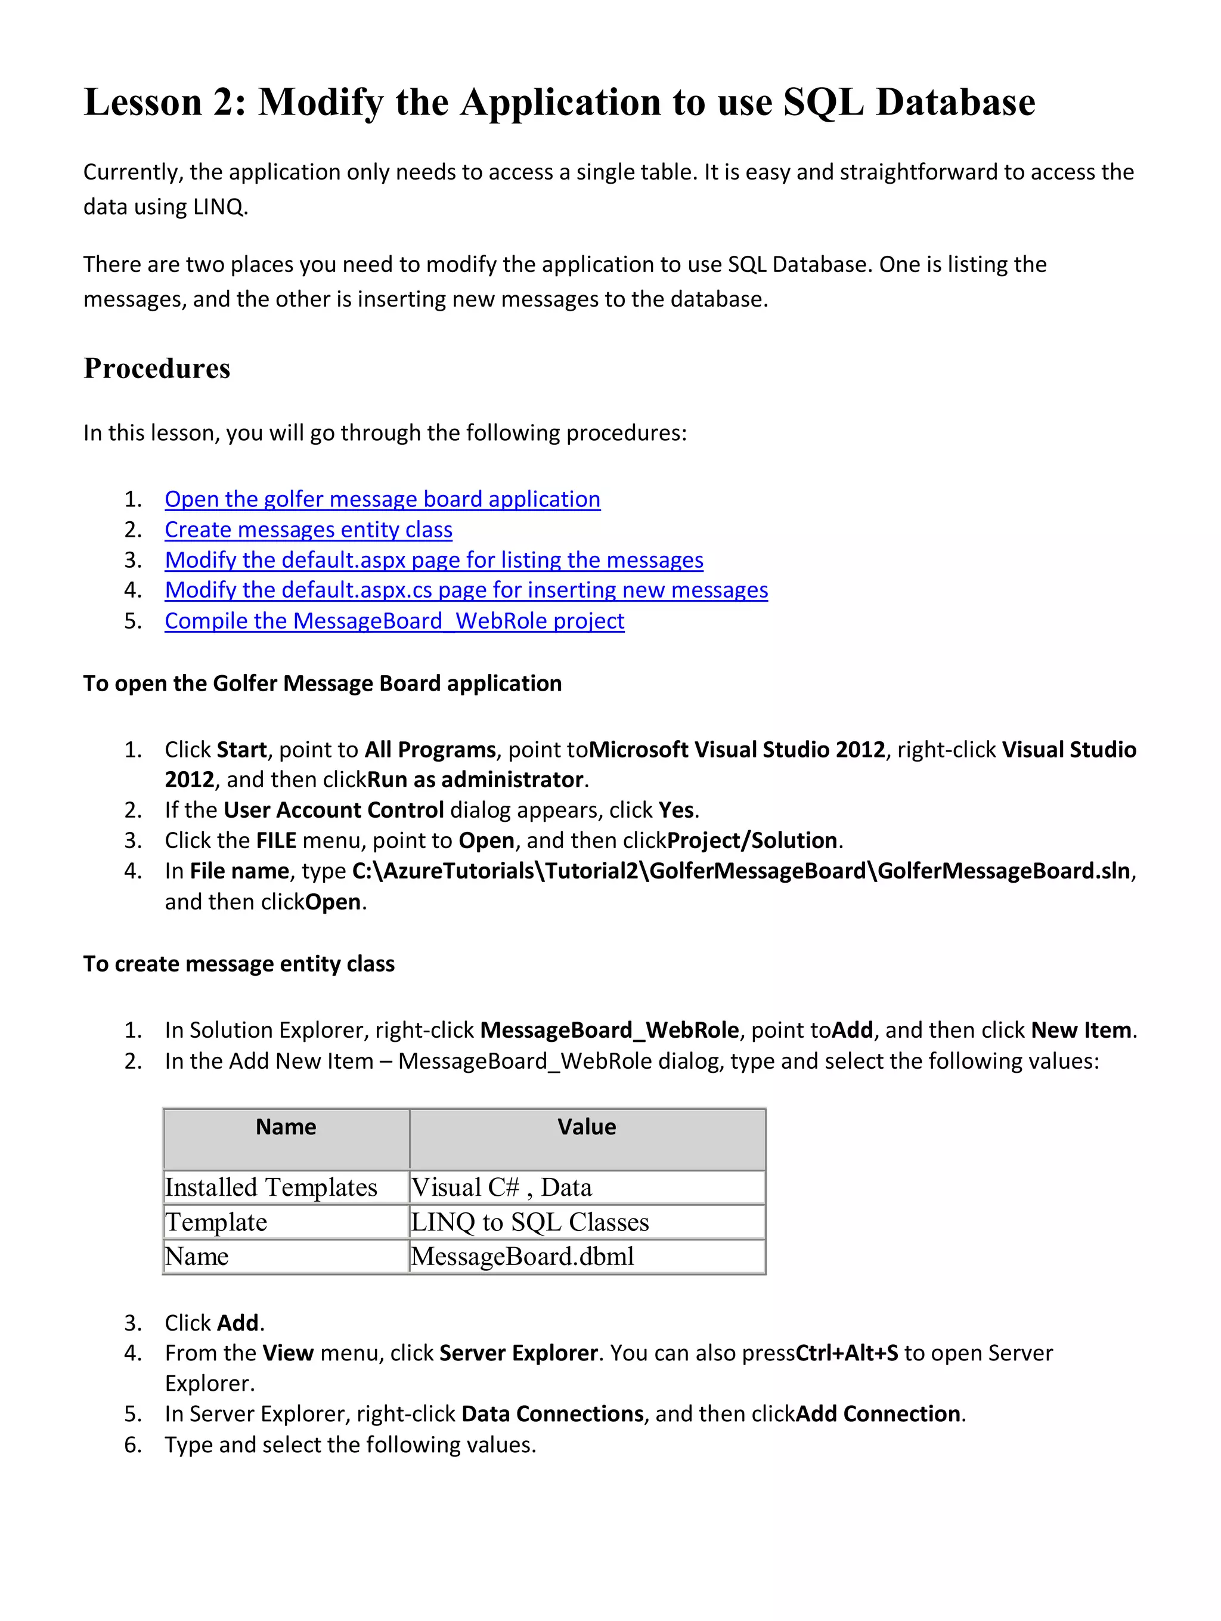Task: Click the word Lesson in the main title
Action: pyautogui.click(x=142, y=102)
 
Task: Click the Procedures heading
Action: pyautogui.click(x=157, y=369)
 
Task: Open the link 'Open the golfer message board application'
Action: pyautogui.click(x=382, y=499)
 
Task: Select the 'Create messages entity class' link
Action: pyautogui.click(x=308, y=530)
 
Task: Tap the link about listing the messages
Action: pyautogui.click(x=433, y=560)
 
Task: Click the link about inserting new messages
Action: pyautogui.click(x=466, y=590)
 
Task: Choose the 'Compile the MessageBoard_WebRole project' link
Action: pyautogui.click(x=394, y=621)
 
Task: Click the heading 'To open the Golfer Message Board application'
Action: pyautogui.click(x=323, y=683)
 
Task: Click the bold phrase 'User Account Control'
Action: pyautogui.click(x=333, y=810)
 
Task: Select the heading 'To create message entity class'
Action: pyautogui.click(x=239, y=964)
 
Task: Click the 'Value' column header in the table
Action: pyautogui.click(x=586, y=1127)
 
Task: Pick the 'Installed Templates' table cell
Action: pyautogui.click(x=271, y=1187)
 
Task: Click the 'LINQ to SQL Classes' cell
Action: pyautogui.click(x=529, y=1221)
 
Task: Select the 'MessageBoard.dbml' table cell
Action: pyautogui.click(x=522, y=1256)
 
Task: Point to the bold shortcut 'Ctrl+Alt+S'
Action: pyautogui.click(x=846, y=1353)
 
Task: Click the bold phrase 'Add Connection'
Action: pyautogui.click(x=878, y=1413)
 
